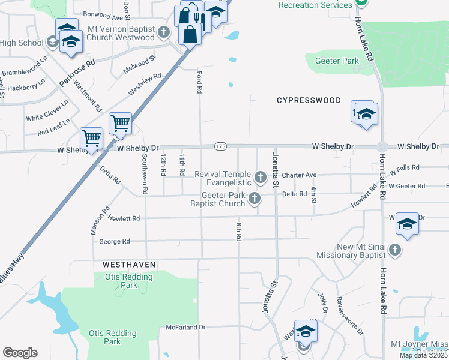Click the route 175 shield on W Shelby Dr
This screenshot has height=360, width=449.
(220, 146)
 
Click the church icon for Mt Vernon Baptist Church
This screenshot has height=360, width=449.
(165, 32)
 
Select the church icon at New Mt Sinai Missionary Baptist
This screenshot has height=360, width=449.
(394, 250)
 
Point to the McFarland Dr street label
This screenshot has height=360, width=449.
(185, 328)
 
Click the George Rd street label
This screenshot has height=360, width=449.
(115, 242)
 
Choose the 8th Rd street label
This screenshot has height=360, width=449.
(238, 231)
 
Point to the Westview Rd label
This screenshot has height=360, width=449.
(145, 85)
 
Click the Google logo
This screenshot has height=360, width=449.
(20, 353)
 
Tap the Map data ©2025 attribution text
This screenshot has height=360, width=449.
(423, 355)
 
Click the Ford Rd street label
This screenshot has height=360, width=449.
(199, 82)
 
